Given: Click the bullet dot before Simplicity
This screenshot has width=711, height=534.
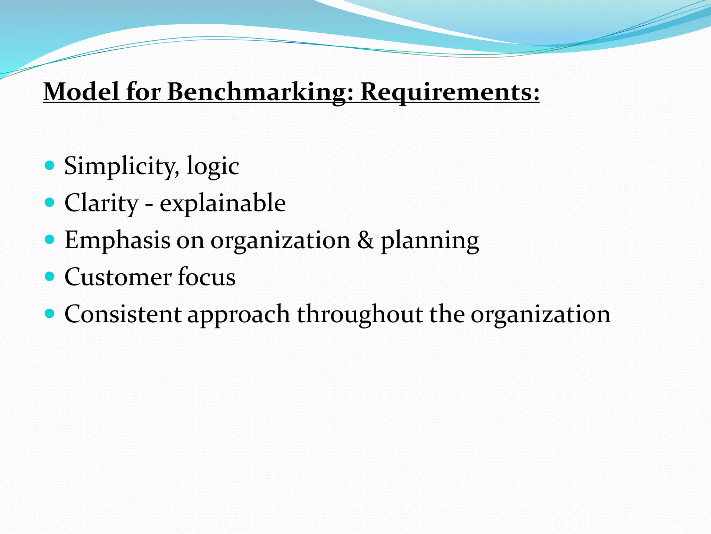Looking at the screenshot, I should [x=50, y=165].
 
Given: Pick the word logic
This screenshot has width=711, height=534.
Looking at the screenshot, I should [x=213, y=166].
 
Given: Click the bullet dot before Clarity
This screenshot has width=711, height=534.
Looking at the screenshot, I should [x=50, y=202].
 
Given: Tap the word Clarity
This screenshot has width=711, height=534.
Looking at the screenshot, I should [x=101, y=203].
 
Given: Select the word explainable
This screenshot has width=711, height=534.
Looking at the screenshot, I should [x=223, y=203].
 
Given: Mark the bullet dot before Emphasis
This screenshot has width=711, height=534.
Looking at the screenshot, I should [x=50, y=239].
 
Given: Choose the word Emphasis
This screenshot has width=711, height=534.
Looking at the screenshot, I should [x=117, y=241].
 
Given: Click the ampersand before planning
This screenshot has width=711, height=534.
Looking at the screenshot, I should [x=366, y=240].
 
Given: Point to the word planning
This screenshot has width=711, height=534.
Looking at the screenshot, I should [x=430, y=241].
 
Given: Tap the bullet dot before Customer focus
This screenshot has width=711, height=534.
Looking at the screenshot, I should [x=50, y=276].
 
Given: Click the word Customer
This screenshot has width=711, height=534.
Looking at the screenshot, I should [x=118, y=277].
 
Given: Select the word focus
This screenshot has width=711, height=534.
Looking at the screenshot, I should [x=207, y=277].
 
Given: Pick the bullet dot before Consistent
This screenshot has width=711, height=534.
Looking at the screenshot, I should [x=50, y=314].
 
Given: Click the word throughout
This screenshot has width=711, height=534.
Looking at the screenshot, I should [x=360, y=314].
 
